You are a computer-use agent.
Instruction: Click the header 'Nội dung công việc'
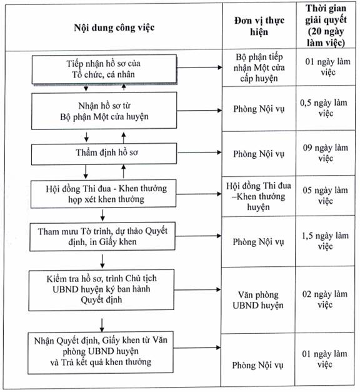pos(114,28)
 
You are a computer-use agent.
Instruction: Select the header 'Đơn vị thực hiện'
pos(259,26)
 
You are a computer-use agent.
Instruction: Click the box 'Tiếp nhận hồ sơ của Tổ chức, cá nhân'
pos(104,69)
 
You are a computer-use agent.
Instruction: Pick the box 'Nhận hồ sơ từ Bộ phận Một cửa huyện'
pos(104,111)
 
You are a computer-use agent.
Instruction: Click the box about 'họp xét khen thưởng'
pos(104,194)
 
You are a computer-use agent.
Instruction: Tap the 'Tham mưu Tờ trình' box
pos(102,236)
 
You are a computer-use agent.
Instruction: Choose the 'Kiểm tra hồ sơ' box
pos(101,289)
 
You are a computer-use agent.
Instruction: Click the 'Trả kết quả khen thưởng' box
pos(101,353)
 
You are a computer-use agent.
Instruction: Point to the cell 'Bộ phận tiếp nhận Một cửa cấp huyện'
pos(259,68)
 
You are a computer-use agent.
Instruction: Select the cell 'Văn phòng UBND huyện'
pos(258,300)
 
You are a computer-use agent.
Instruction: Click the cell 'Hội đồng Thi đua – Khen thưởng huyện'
pos(259,196)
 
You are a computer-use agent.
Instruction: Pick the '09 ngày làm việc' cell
pos(326,153)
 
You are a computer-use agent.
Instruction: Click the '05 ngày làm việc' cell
pos(325,195)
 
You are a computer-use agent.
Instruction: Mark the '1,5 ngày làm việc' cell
pos(325,241)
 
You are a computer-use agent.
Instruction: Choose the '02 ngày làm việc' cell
pos(325,299)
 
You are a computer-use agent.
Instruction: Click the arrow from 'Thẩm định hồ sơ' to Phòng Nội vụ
pos(199,153)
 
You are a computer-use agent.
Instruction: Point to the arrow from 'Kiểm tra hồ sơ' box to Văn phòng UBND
pos(197,289)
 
